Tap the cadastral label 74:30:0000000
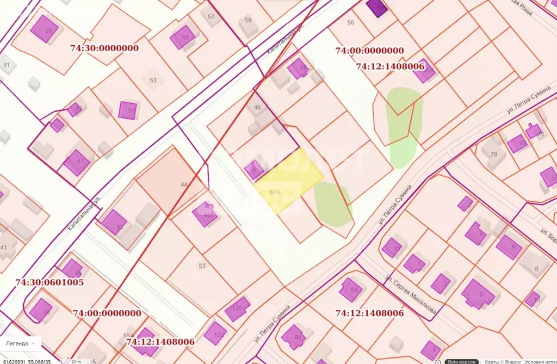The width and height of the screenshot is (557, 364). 104,48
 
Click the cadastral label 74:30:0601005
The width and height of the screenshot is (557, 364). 49,282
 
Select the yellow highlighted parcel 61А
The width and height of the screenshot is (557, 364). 288,180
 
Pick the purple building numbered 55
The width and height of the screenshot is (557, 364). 182,37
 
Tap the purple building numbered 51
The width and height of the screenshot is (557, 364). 128,110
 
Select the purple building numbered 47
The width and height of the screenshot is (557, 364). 76,162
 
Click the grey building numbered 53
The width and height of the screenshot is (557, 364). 153,81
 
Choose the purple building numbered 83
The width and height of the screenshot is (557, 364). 351,289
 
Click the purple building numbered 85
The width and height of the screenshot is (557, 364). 294,337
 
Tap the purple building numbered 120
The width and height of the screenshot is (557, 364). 237,309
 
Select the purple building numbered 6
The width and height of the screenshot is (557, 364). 509,246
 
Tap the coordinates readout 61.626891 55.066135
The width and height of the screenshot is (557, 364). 28,361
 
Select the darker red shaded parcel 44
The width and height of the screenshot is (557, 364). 169,180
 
